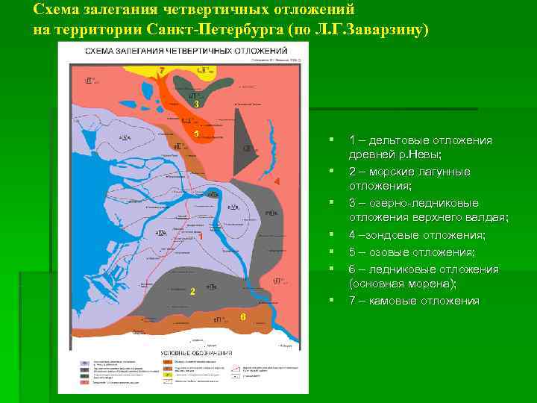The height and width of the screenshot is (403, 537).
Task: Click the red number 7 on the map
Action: [161, 70]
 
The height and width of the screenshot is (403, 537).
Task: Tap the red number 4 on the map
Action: [277, 182]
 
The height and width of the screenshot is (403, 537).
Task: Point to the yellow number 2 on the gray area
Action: [192, 290]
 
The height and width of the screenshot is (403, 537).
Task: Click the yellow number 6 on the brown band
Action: [242, 317]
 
